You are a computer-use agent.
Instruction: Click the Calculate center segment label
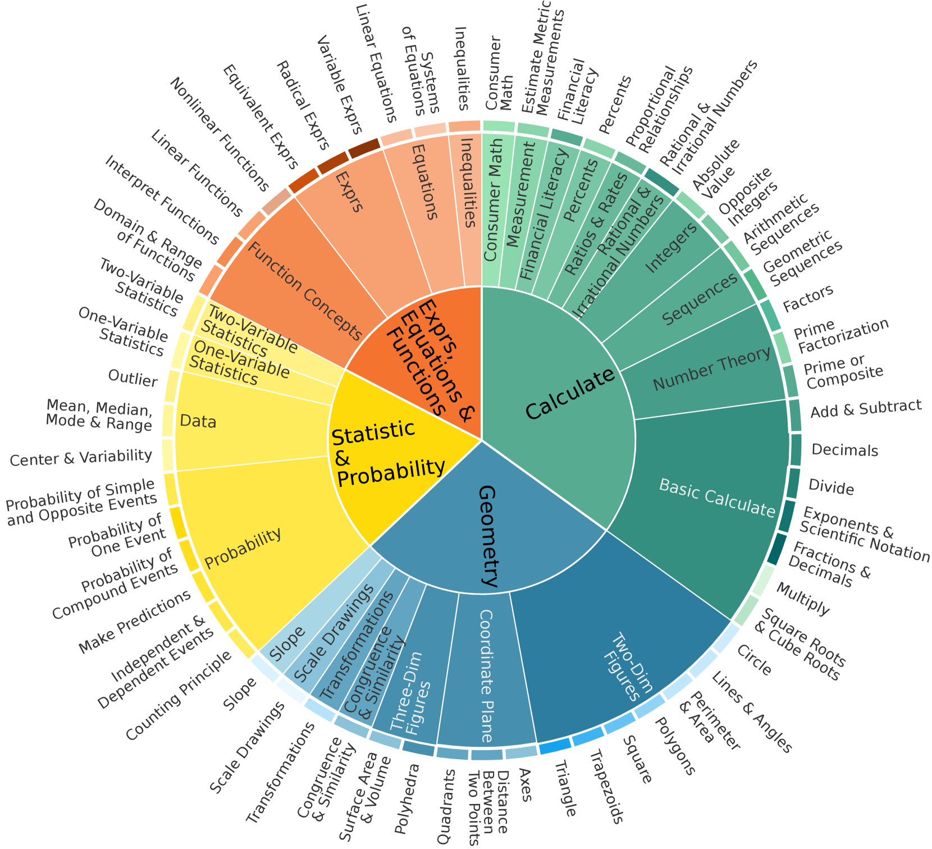click(569, 394)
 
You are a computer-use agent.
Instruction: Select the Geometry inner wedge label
click(487, 536)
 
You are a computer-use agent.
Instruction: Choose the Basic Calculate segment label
click(716, 497)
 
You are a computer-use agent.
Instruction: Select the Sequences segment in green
click(699, 299)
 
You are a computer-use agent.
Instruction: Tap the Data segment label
click(198, 421)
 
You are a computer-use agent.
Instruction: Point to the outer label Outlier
click(133, 378)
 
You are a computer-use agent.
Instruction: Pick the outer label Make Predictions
click(134, 622)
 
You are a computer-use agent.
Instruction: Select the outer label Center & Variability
click(81, 458)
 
